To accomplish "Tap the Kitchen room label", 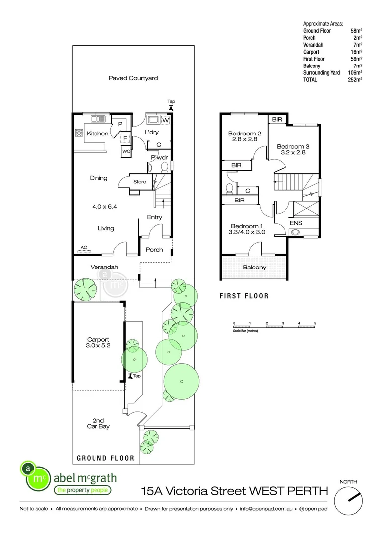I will pos(97,134).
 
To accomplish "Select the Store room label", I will pos(140,182).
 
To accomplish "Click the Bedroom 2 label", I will pos(245,133).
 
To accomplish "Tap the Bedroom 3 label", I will pos(293,146).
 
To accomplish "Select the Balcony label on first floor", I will pos(254,268).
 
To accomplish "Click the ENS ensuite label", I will pos(296,223).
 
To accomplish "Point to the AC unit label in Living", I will pos(83,247).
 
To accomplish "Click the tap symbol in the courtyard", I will pos(171,107).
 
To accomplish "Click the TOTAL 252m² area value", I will pos(355,79).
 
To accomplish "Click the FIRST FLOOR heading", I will pos(244,296).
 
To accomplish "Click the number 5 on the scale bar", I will pos(315,323).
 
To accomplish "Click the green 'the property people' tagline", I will pos(82,491).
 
